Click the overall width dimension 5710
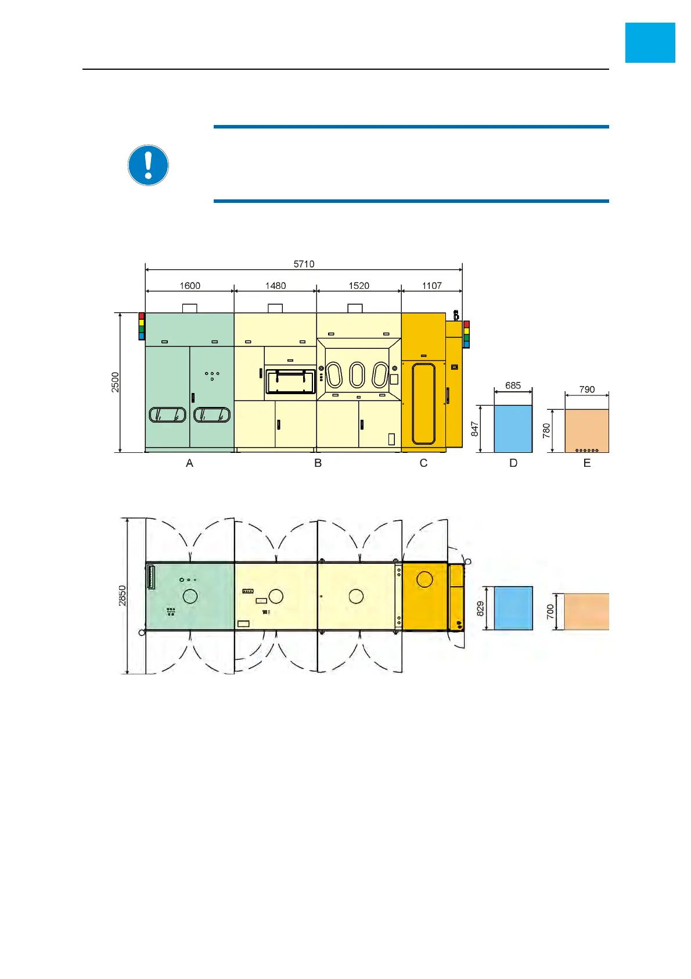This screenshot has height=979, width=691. click(304, 264)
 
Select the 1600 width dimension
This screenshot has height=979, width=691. click(190, 285)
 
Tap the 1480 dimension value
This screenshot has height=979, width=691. click(276, 285)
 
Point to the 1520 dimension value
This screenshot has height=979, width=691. click(359, 285)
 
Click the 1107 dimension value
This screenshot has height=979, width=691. click(432, 285)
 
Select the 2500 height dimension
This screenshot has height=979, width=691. click(116, 382)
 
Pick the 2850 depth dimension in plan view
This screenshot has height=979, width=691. click(123, 596)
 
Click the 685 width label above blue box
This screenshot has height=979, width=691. click(513, 385)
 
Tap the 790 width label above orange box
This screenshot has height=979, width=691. click(587, 390)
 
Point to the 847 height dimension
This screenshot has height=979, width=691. click(475, 429)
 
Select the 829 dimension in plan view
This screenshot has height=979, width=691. click(480, 609)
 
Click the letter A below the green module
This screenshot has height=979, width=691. click(189, 463)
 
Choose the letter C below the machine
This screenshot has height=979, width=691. click(423, 463)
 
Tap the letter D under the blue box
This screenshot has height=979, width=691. click(513, 463)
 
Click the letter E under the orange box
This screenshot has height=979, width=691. click(587, 463)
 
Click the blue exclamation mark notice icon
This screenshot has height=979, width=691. click(148, 165)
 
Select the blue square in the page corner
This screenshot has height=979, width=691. click(650, 42)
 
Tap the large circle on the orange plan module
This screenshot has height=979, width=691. click(424, 579)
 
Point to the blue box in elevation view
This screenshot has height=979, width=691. click(513, 429)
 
